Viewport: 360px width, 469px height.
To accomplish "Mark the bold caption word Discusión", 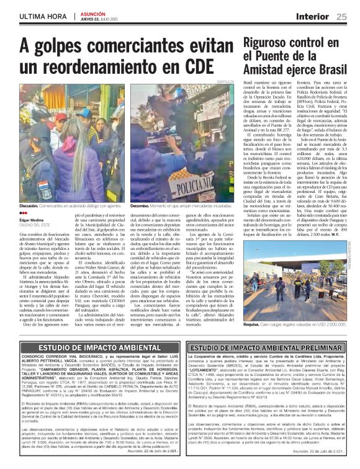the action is tap(30, 205).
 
